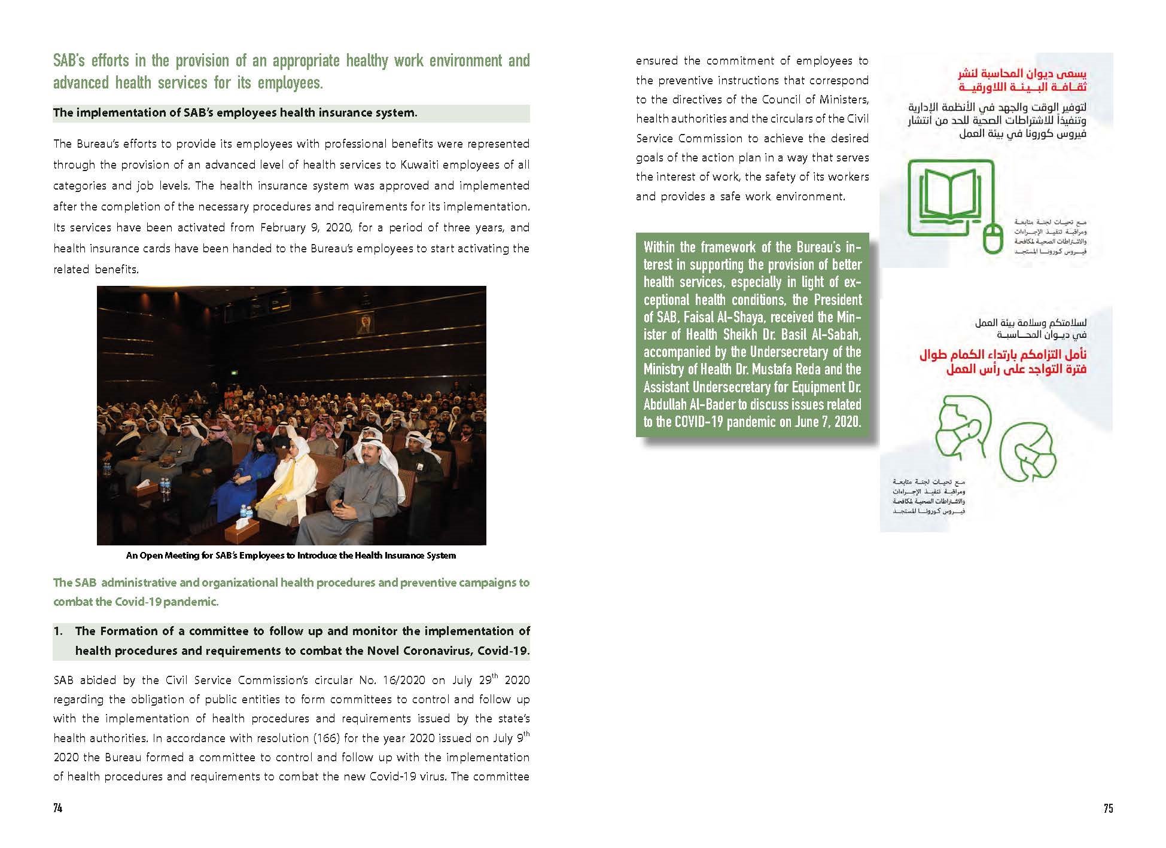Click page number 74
57,808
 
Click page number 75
1108,808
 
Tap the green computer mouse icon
994,238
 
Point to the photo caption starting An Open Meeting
291,556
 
